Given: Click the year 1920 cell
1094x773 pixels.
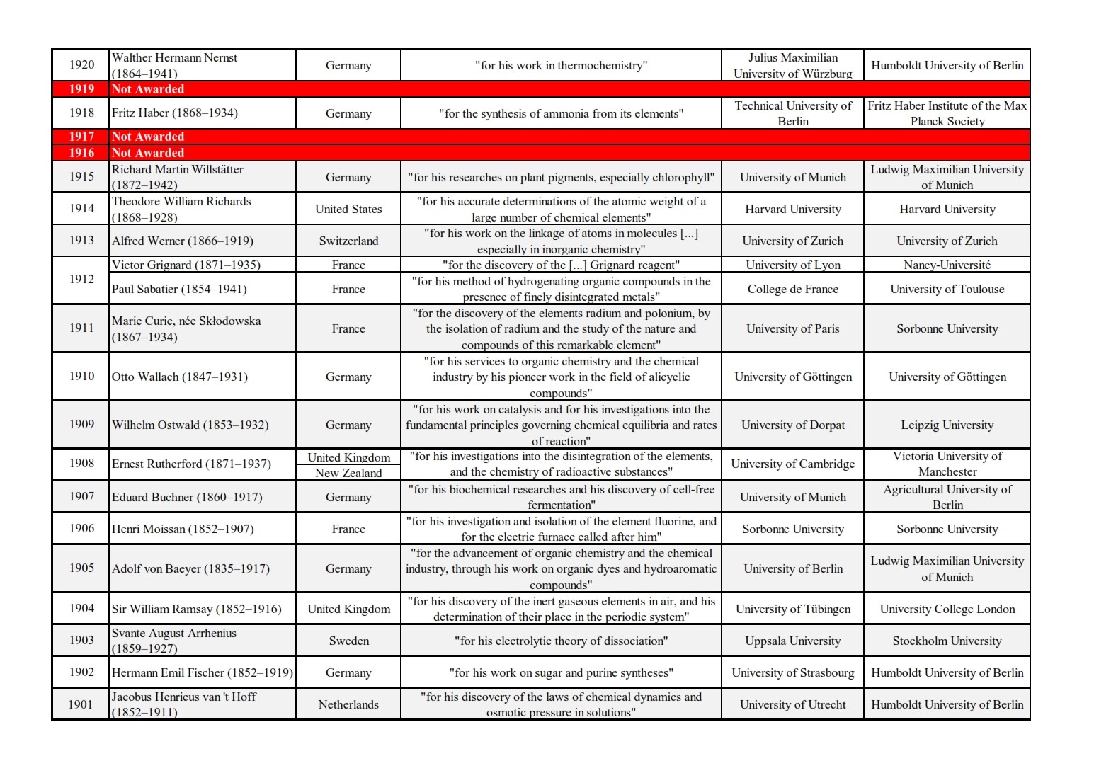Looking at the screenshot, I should coord(81,65).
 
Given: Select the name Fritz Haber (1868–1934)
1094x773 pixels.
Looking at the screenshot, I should coord(175,113).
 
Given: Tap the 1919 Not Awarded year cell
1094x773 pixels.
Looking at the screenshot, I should coord(81,89).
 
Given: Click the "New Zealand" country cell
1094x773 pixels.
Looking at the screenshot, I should coord(348,473).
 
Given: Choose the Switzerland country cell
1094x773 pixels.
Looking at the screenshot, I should coord(348,241).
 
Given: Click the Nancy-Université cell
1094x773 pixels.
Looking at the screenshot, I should coord(947,265).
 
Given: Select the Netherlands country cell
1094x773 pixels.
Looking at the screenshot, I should coord(348,704).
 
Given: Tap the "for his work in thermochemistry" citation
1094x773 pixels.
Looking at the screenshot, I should coord(561,66).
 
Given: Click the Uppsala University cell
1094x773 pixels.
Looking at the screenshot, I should coord(792,641).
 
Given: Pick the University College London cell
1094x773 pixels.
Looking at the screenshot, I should coord(947,609).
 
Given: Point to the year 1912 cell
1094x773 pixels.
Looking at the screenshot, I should coord(81,279).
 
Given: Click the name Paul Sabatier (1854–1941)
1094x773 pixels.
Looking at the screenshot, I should coord(179,289).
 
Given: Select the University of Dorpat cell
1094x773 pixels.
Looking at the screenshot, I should coord(792,425).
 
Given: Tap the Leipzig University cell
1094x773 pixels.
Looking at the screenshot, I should coord(947,425).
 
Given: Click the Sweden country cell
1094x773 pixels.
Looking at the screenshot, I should coord(348,641).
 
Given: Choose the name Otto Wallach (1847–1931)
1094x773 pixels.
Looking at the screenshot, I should coord(180,377).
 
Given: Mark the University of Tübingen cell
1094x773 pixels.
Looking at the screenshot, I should coord(792,609).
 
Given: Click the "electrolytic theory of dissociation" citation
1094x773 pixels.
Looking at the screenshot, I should coord(561,641).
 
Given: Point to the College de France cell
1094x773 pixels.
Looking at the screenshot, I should coord(792,289).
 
